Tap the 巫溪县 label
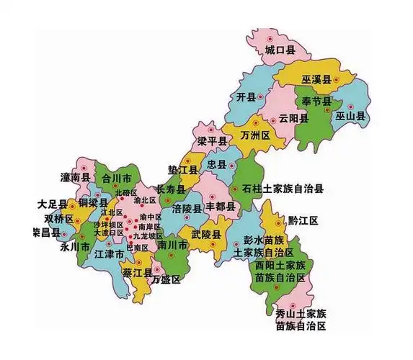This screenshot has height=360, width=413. pos(316,79)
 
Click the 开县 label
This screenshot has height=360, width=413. pos(247,96)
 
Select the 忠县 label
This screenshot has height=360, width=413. pos(216,165)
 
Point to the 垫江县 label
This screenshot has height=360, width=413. pos(183,171)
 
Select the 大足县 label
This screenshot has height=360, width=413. pos(53,204)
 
